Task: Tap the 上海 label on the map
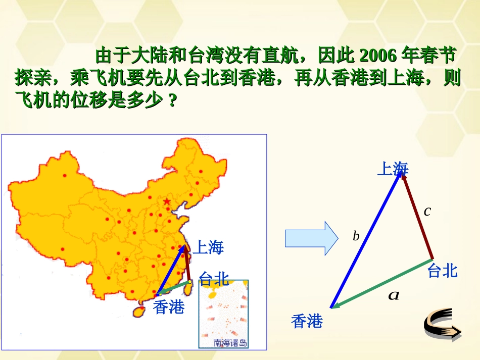click(x=208, y=247)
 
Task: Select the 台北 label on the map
click(x=214, y=278)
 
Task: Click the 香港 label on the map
click(x=169, y=306)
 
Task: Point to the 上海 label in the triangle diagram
click(x=393, y=169)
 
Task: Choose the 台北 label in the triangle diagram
click(x=442, y=271)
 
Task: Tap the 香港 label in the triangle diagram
click(x=307, y=321)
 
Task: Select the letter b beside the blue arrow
click(x=356, y=236)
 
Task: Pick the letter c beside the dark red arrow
click(x=427, y=211)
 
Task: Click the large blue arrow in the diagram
click(x=366, y=240)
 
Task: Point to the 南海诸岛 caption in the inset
click(x=230, y=343)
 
